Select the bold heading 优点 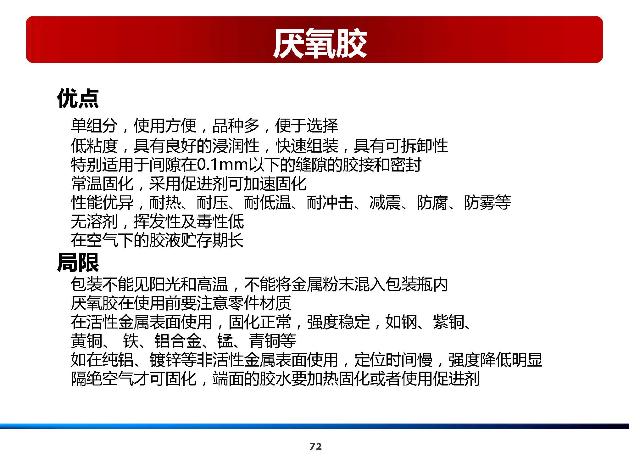78,98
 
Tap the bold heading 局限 78,262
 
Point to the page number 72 315,446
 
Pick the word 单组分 94,126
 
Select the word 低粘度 94,145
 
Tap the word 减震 385,203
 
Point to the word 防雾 479,203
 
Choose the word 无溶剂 94,222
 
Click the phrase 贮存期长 212,240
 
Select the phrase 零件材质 259,303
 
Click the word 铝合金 178,341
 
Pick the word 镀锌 165,360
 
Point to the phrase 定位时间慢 393,360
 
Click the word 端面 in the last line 228,379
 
